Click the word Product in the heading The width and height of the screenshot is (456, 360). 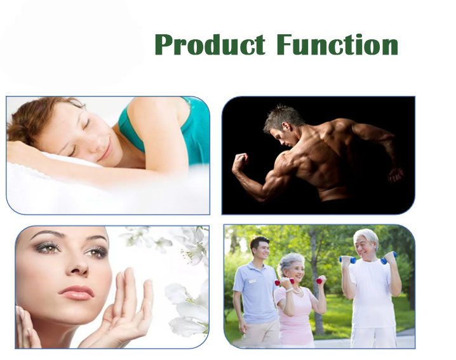point(209,45)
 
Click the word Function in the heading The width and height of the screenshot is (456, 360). point(337,45)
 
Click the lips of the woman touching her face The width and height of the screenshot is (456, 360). point(76,292)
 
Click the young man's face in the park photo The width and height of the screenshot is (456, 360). point(260,249)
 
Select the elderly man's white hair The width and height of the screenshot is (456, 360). point(366,237)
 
